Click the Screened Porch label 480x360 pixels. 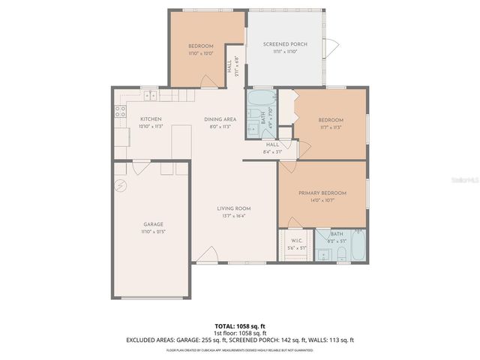[x=282, y=45]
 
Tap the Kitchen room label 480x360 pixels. [x=151, y=119]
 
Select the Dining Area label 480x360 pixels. [x=220, y=119]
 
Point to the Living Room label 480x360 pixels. [x=233, y=208]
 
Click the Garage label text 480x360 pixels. [x=154, y=224]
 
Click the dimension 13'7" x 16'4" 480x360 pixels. [x=233, y=216]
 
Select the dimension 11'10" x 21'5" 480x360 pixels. [x=154, y=232]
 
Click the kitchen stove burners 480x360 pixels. [x=119, y=112]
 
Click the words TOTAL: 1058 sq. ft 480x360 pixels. [x=239, y=326]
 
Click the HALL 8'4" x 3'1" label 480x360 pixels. [x=272, y=148]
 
